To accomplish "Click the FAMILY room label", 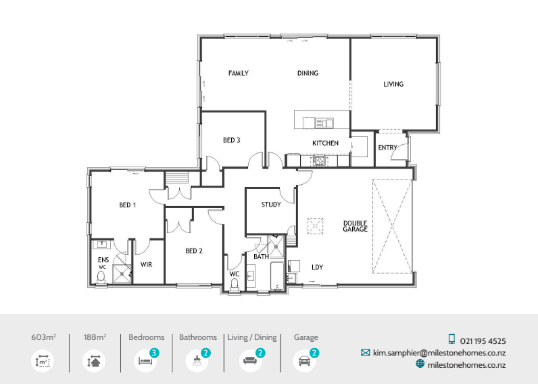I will [x=238, y=73].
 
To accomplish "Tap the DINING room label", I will [x=308, y=73].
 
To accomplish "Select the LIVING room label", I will [x=393, y=84].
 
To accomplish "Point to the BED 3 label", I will [x=231, y=140].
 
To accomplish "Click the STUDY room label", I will [x=271, y=205].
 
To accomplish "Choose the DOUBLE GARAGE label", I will [x=355, y=226].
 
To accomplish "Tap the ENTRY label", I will [x=387, y=148].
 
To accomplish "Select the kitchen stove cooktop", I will [x=319, y=161].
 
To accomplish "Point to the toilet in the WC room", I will [x=234, y=284].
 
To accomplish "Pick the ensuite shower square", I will [x=122, y=273].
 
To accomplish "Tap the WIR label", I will [x=146, y=265].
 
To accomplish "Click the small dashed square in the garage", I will [x=316, y=226].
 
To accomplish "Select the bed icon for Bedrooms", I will [x=145, y=361].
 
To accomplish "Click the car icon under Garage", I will [x=304, y=361].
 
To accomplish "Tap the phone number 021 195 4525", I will [x=483, y=341].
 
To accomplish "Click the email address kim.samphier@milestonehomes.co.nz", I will [x=439, y=353].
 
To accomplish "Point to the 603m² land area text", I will [x=43, y=337].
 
